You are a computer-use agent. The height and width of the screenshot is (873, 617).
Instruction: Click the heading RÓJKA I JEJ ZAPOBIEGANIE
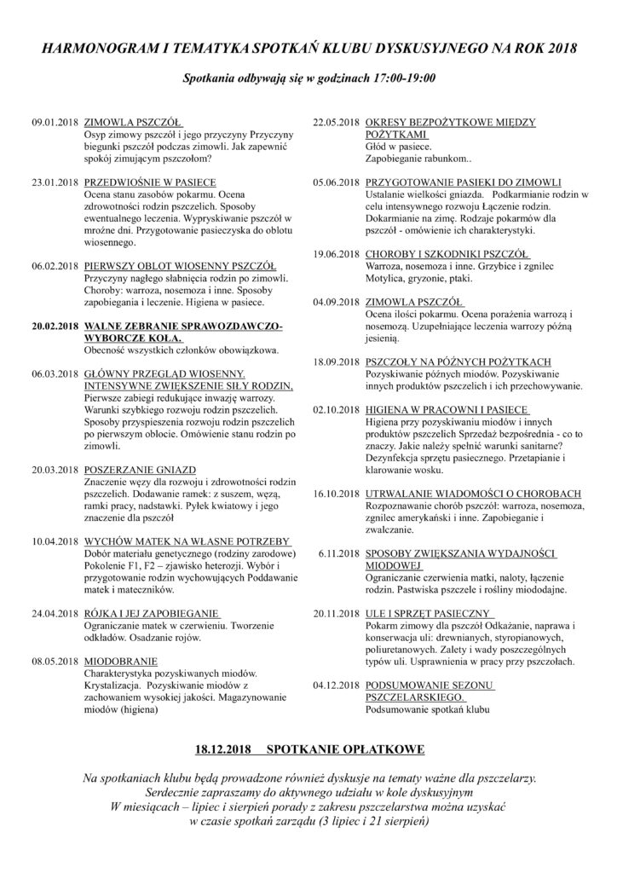pyautogui.click(x=155, y=612)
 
